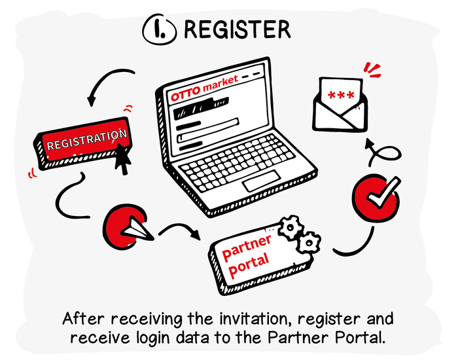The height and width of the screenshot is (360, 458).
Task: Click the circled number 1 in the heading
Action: pyautogui.click(x=159, y=30)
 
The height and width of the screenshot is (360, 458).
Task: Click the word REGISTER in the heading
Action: pyautogui.click(x=238, y=29)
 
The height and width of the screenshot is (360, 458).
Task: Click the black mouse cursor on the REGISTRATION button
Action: pyautogui.click(x=123, y=158)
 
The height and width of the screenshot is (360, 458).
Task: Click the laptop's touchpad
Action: pyautogui.click(x=261, y=181)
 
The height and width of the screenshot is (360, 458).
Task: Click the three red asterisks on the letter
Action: pyautogui.click(x=341, y=95)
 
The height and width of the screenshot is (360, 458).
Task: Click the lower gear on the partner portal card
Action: pyautogui.click(x=309, y=243)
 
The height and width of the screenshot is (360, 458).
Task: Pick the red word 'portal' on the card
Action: pyautogui.click(x=249, y=266)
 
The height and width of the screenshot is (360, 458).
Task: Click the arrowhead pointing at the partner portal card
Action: pyautogui.click(x=196, y=234)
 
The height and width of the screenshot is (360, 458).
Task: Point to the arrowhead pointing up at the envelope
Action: pyautogui.click(x=370, y=143)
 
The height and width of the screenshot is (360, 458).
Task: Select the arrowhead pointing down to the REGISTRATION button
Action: pyautogui.click(x=92, y=101)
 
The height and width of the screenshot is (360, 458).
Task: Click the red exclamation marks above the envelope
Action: pyautogui.click(x=372, y=70)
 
